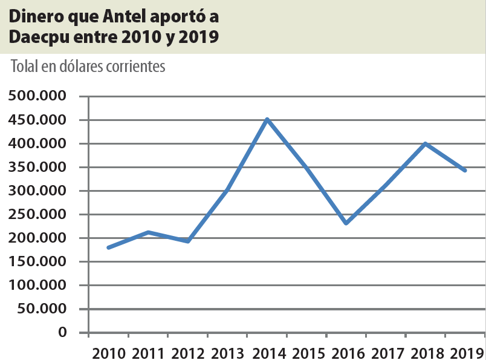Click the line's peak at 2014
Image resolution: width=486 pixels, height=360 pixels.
pyautogui.click(x=267, y=119)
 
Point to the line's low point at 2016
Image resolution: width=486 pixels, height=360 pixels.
pyautogui.click(x=346, y=223)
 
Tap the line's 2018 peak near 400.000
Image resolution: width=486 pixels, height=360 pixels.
pyautogui.click(x=426, y=143)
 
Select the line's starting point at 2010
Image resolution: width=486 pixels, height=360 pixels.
pyautogui.click(x=108, y=247)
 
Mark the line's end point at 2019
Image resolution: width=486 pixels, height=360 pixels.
pyautogui.click(x=465, y=171)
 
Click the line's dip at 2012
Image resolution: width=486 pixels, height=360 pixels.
pyautogui.click(x=188, y=241)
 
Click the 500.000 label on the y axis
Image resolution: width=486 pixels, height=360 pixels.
pyautogui.click(x=37, y=96)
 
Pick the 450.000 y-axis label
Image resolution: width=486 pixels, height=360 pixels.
pyautogui.click(x=37, y=120)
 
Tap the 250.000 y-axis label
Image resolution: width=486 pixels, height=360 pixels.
pyautogui.click(x=37, y=214)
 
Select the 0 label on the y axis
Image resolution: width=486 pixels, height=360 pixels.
pyautogui.click(x=62, y=332)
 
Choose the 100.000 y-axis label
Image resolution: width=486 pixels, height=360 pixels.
pyautogui.click(x=37, y=285)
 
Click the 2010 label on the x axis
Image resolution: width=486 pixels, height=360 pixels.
pyautogui.click(x=109, y=352)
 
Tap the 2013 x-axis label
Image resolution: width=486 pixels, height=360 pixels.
pyautogui.click(x=227, y=352)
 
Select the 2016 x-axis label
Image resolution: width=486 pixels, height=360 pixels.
pyautogui.click(x=346, y=352)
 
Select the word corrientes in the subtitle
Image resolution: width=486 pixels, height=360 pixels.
pyautogui.click(x=135, y=67)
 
